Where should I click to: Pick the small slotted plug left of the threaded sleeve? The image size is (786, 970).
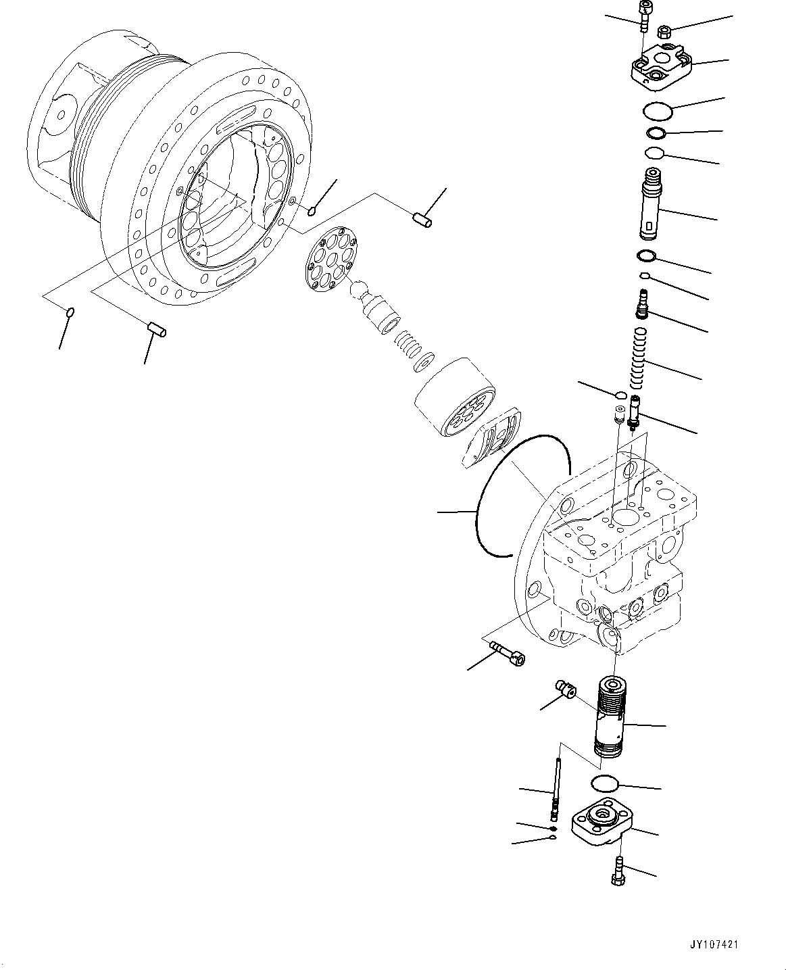564,692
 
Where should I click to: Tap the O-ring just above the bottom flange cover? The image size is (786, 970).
604,783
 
